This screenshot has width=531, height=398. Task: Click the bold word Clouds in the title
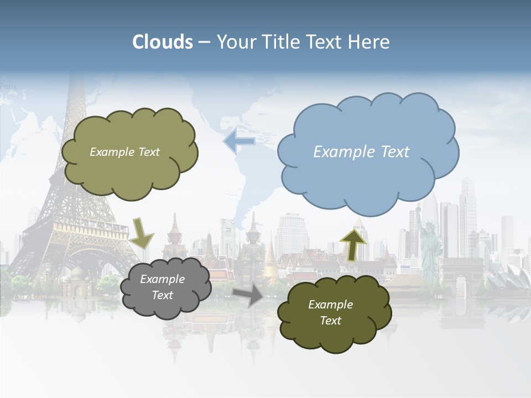(x=163, y=42)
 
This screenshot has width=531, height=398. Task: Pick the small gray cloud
(x=165, y=287)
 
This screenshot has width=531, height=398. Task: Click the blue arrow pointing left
(x=239, y=142)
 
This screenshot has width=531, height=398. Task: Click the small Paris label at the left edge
(x=8, y=86)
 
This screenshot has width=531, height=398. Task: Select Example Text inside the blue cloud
(x=361, y=152)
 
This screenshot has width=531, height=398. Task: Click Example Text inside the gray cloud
(x=162, y=287)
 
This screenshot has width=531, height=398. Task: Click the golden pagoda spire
(x=270, y=256)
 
